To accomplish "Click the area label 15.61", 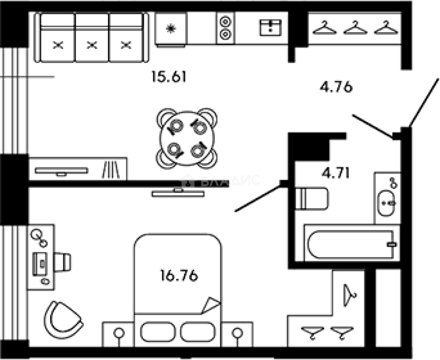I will point(168,76).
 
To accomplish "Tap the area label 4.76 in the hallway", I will point(336,87).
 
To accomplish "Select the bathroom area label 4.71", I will point(336,173).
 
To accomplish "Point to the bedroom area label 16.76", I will point(179,276).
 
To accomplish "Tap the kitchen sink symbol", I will point(271,27).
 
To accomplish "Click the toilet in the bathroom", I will point(312,198).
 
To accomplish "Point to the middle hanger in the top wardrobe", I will point(355,28).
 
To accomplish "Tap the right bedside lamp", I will point(238,332).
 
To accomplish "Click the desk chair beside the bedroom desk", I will point(63,261).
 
